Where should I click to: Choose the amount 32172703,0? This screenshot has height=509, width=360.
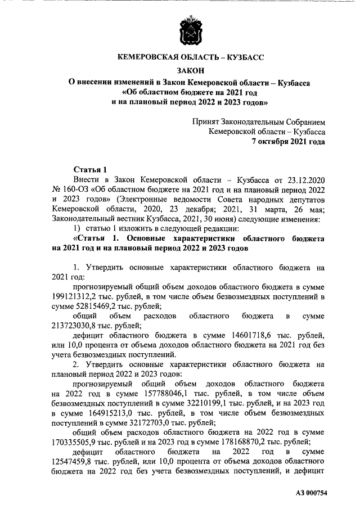point(127,425)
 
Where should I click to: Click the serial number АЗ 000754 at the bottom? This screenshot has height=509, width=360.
point(310,493)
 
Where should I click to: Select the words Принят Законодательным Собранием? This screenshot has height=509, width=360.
point(258,121)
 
